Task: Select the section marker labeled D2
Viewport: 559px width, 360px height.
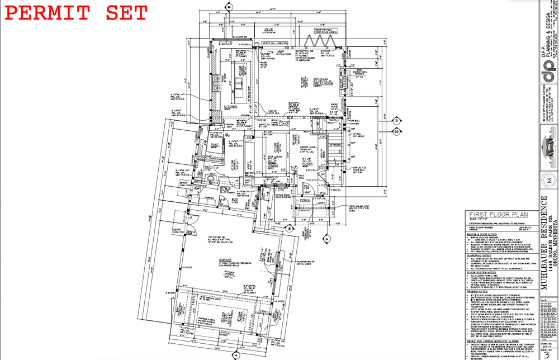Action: (x=396, y=132)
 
